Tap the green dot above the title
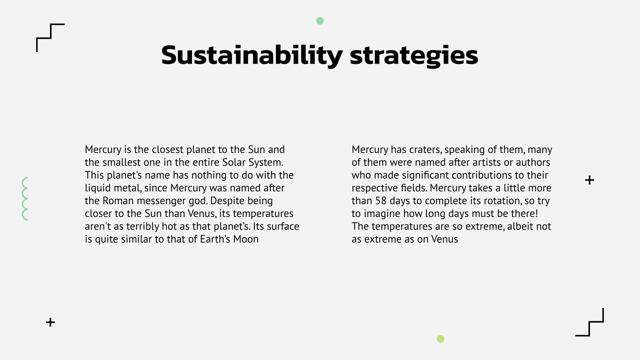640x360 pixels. point(320,21)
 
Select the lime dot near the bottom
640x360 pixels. point(440,339)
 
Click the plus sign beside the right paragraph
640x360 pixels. point(589,180)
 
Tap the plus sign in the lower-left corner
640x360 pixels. point(50,322)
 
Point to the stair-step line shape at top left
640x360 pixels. point(50,38)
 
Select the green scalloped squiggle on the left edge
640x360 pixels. point(25,199)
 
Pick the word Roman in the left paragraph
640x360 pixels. point(118,201)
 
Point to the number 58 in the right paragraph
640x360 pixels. point(381,201)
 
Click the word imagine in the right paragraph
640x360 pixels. point(382,214)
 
